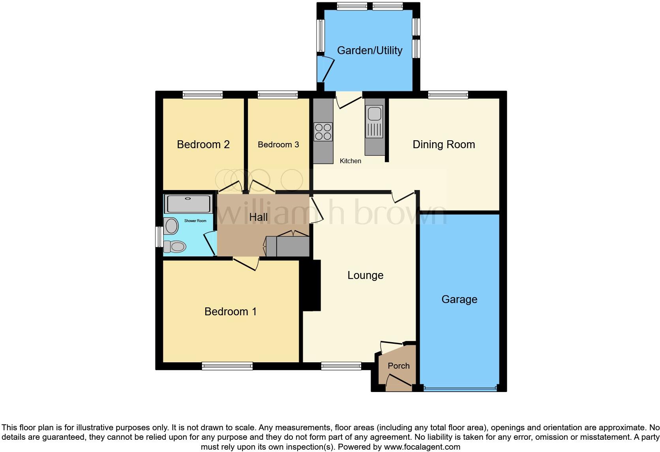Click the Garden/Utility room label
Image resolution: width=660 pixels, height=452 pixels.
click(369, 51)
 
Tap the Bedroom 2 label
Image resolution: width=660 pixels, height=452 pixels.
click(203, 145)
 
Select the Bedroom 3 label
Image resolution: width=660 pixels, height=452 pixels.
click(278, 145)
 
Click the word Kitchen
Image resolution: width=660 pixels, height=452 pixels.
click(351, 161)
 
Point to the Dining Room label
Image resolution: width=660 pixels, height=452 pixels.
click(444, 145)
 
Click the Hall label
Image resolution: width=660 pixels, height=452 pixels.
click(258, 217)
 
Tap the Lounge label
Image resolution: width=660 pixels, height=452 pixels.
click(365, 275)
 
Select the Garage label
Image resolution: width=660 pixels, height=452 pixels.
click(459, 299)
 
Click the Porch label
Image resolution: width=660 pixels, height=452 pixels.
click(399, 366)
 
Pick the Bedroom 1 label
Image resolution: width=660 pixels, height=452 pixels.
click(231, 312)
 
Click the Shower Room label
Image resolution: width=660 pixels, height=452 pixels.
click(195, 221)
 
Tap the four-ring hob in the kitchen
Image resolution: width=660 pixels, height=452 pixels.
click(323, 132)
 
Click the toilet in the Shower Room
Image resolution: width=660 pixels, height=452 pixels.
click(175, 247)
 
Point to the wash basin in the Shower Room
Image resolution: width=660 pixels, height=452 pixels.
click(172, 226)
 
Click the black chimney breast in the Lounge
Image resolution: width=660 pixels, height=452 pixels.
click(311, 285)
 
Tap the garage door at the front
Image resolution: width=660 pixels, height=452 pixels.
click(459, 389)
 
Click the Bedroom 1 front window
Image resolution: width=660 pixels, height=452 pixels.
click(227, 366)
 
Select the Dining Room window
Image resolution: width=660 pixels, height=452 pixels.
click(448, 94)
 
